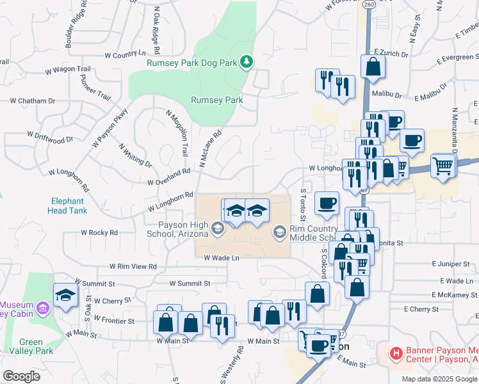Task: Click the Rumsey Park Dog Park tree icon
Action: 246,62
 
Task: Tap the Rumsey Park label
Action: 217,100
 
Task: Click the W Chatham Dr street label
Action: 33,100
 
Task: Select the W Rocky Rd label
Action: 99,233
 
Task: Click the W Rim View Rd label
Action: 133,266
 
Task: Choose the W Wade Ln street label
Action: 222,258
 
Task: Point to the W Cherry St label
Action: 112,300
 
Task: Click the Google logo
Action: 21,376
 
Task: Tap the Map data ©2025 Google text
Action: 440,379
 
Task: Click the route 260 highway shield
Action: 368,4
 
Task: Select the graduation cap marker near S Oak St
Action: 65,295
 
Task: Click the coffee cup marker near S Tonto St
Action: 327,203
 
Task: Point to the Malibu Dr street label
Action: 385,95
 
